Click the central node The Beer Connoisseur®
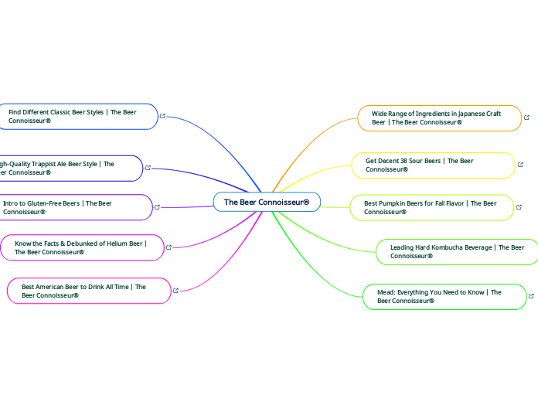pos(267,202)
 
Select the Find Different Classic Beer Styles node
pos(77,117)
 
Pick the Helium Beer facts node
pos(81,247)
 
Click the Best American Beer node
pos(89,291)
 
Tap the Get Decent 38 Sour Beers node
pos(433,165)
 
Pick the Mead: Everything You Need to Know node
pos(444,297)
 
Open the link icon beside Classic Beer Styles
pos(163,116)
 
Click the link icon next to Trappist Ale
pos(148,167)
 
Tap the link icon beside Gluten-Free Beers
pos(158,206)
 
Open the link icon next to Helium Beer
pos(169,247)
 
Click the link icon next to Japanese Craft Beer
pos(526,118)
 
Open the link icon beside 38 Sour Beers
pos(520,165)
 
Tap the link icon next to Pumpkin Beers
pos(519,207)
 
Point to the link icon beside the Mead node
pos(531,296)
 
